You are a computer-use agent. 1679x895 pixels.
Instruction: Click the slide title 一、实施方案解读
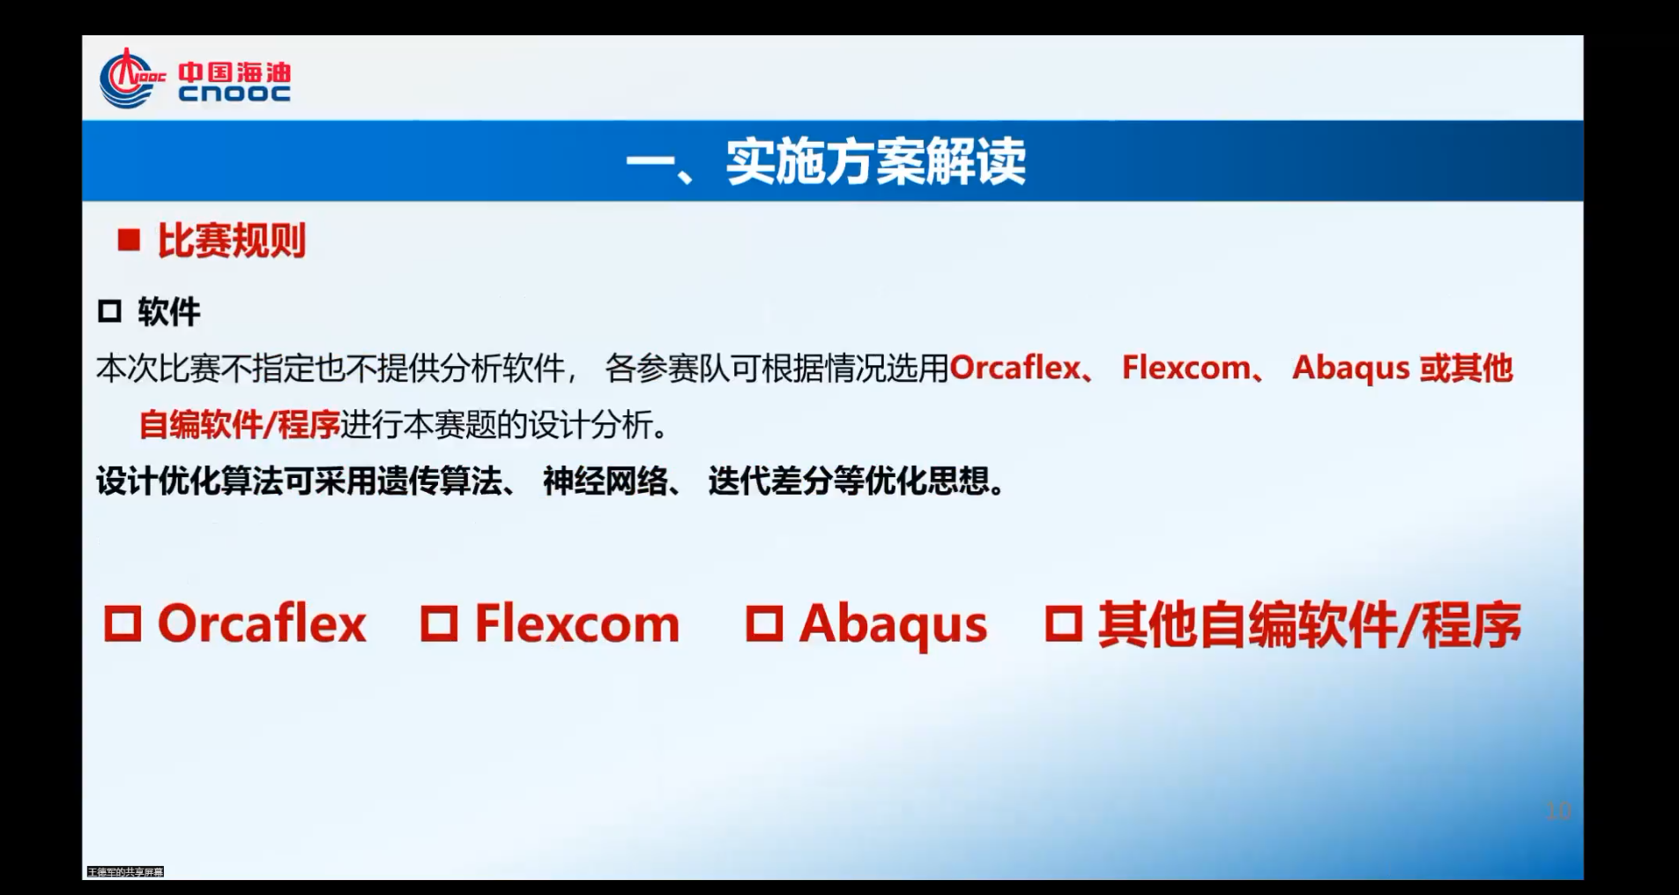coord(826,161)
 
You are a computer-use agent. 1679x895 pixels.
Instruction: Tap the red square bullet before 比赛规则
coord(129,241)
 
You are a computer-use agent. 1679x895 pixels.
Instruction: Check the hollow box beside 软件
coord(109,311)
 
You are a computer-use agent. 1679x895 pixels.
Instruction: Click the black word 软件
coord(169,312)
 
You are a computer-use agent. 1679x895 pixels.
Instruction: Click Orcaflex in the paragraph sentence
coord(1014,368)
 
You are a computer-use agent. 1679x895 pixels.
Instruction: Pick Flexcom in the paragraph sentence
coord(1185,368)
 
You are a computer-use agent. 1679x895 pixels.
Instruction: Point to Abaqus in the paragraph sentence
coord(1350,368)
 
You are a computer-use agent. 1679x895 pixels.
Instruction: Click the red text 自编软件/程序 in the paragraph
coord(239,425)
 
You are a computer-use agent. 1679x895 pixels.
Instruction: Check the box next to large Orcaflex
coord(123,623)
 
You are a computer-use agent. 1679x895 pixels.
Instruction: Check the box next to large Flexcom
coord(439,623)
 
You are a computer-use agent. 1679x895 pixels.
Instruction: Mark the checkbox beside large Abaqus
coord(764,623)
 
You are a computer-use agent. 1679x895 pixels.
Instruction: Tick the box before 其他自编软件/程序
coord(1063,623)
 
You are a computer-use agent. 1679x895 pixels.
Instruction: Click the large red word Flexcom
coord(577,624)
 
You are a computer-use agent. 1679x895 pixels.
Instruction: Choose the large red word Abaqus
coord(893,624)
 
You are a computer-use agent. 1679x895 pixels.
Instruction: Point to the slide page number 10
coord(1558,810)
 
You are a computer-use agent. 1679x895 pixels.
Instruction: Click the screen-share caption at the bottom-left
coord(125,872)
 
